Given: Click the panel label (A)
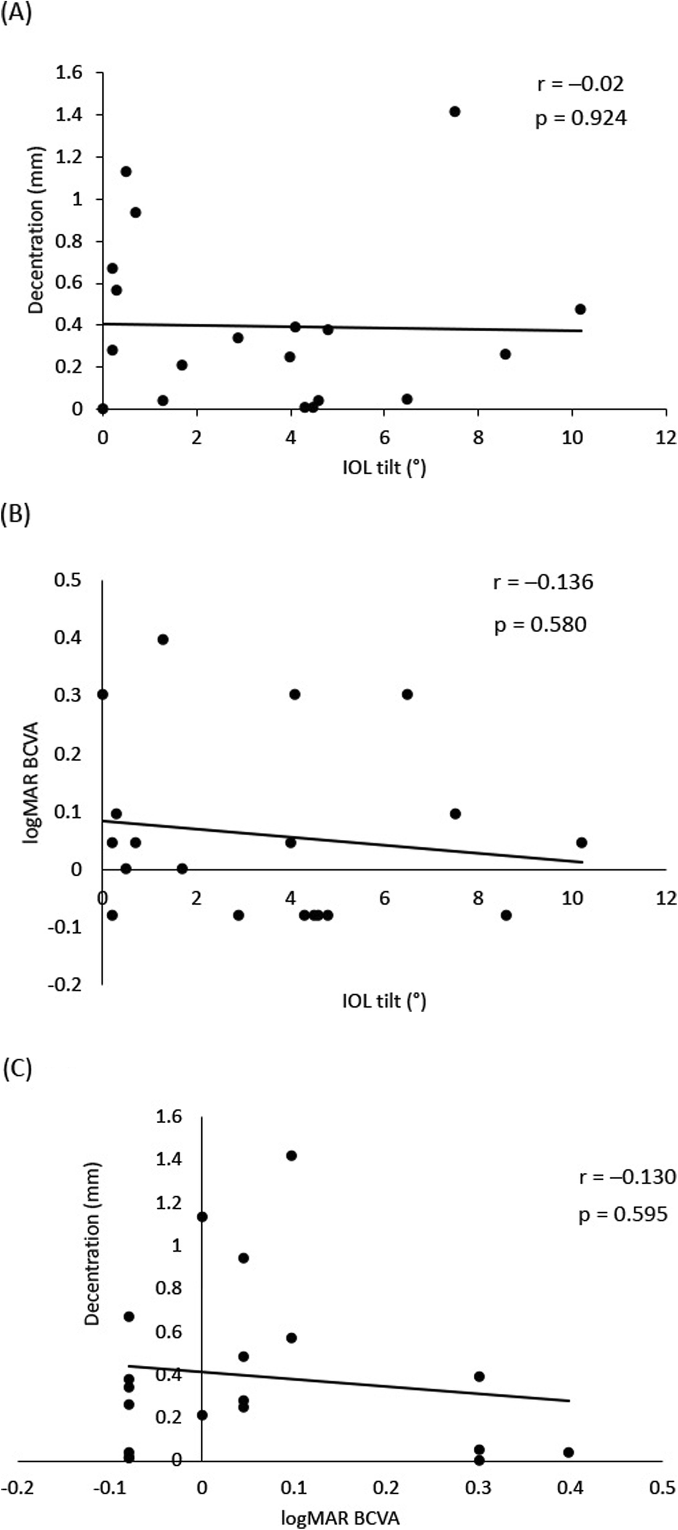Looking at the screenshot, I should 16,13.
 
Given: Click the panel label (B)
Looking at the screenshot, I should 16,514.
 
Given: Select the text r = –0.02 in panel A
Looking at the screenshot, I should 580,83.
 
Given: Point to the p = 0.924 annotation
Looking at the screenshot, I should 581,118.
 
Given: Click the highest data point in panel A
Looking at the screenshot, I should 455,112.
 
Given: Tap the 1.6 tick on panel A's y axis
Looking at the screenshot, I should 68,73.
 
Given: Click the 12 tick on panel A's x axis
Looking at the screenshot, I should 666,437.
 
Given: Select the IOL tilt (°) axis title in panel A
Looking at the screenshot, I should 384,468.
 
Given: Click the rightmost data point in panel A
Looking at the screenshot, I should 580,309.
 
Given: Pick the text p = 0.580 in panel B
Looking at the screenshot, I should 540,625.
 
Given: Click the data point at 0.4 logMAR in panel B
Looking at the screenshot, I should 163,640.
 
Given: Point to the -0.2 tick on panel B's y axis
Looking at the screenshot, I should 65,984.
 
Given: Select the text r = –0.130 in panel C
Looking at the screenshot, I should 627,1177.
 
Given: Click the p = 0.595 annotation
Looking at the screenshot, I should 623,1214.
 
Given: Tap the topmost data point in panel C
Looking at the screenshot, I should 291,1156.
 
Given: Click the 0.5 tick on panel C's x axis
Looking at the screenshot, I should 662,1487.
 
